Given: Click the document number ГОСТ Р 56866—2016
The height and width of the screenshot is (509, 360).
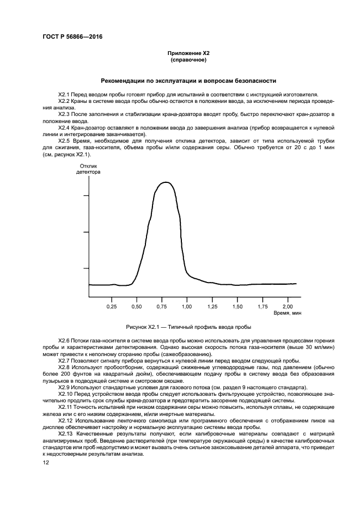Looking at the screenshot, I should tap(72, 36).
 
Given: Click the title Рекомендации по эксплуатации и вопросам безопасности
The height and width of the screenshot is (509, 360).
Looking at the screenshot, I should tap(180, 80).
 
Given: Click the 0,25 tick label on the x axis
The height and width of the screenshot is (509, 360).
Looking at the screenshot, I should tap(112, 306).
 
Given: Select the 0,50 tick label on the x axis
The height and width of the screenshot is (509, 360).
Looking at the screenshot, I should tap(137, 306).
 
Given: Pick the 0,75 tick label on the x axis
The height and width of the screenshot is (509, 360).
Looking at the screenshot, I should tap(162, 306).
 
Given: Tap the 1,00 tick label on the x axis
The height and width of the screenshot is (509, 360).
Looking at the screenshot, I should tap(187, 306).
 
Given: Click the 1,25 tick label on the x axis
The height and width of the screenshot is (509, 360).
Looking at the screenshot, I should tap(212, 306).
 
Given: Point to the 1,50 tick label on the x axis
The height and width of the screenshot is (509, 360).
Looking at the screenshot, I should tap(237, 306).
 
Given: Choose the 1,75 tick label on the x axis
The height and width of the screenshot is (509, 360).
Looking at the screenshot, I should tap(262, 306).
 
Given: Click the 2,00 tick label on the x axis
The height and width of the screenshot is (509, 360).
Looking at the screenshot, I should tap(287, 306).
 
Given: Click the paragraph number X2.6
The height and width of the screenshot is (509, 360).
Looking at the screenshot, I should tap(64, 339).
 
